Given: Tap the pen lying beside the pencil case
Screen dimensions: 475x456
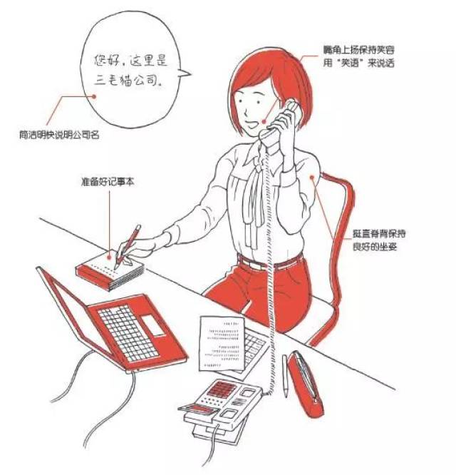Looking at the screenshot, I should point(286,374).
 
